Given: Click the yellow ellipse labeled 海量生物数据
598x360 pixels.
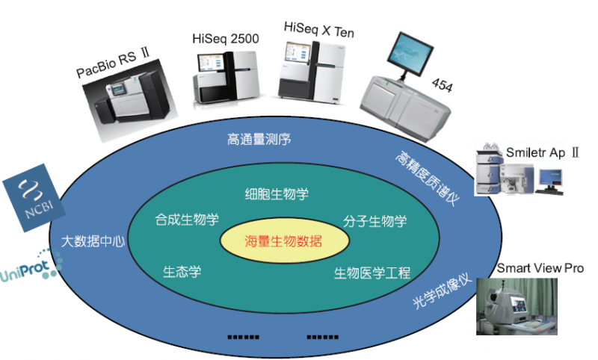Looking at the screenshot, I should [x=285, y=241].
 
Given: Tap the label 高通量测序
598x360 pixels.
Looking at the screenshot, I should [x=259, y=139].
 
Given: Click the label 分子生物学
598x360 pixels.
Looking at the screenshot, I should [x=375, y=221].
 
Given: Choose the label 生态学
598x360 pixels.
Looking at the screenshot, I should [x=182, y=271].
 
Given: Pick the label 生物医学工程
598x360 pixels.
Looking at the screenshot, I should [x=372, y=273].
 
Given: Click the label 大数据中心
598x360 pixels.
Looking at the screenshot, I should [x=93, y=241].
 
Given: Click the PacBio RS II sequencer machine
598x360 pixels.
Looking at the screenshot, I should [x=133, y=106].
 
